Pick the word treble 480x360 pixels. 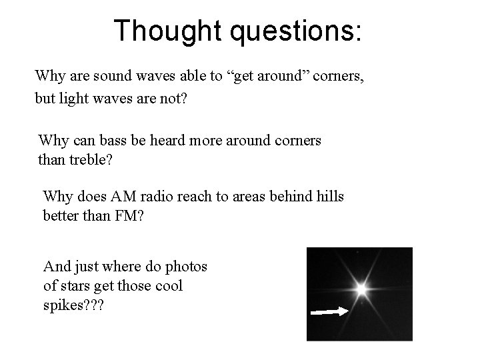point(83,161)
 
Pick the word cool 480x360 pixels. point(169,286)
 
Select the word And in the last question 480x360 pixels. point(56,267)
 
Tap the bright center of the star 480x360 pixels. point(361,289)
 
